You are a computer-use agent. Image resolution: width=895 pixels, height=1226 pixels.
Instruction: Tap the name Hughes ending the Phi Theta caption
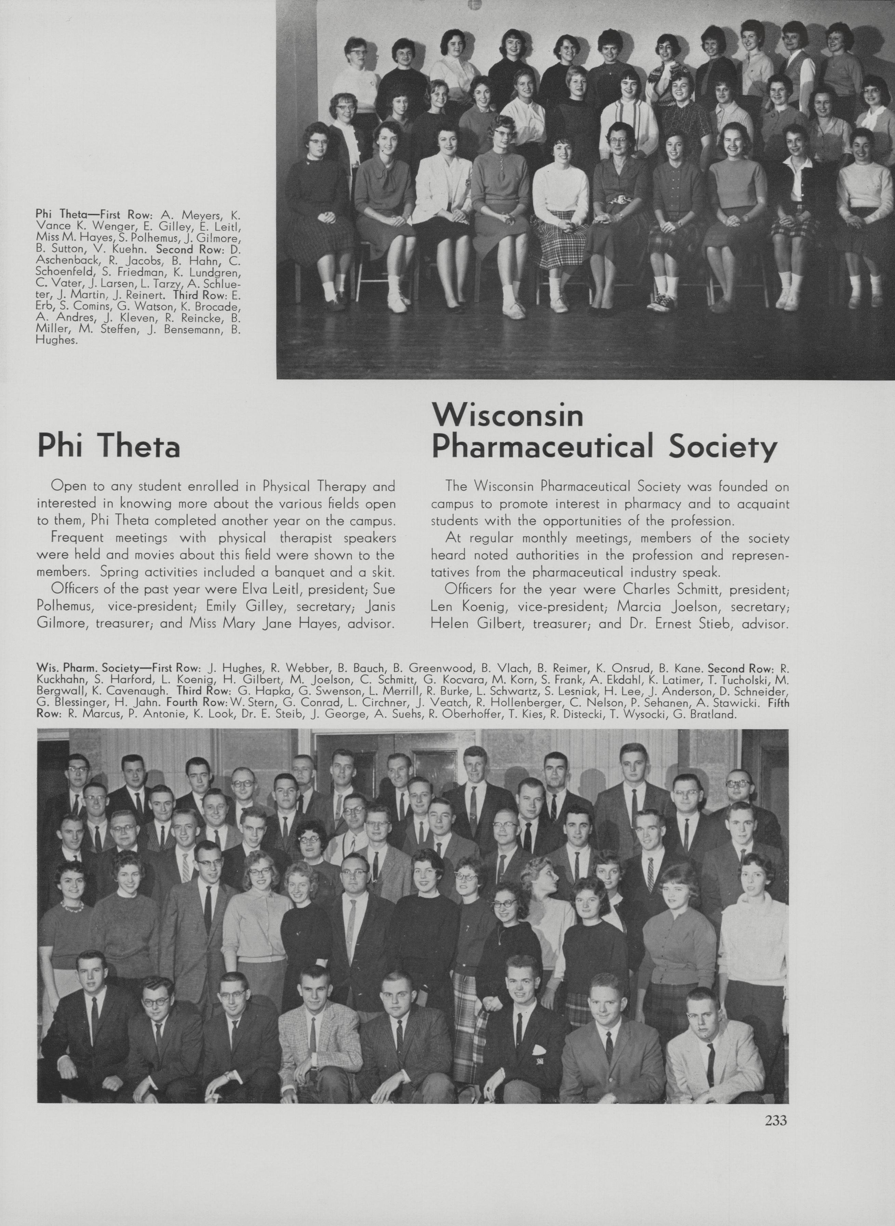click(49, 341)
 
